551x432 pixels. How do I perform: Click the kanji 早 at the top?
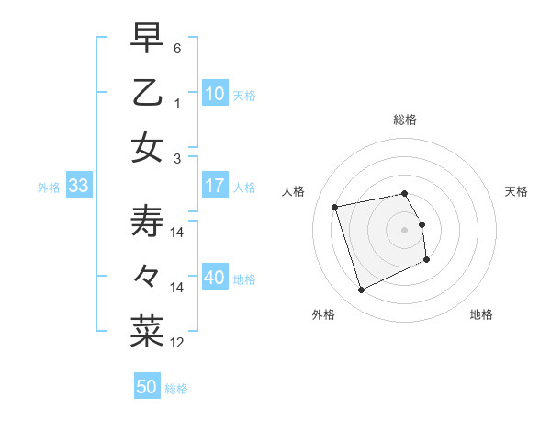click(x=147, y=38)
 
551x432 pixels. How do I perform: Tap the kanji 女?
click(x=147, y=147)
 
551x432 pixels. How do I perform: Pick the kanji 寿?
click(x=147, y=222)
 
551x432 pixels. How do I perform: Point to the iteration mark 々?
click(x=147, y=277)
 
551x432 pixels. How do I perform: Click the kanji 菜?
click(x=147, y=332)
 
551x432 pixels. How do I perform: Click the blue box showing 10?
click(x=215, y=93)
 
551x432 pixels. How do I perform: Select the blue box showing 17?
click(x=215, y=186)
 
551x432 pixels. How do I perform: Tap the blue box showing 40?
click(x=215, y=278)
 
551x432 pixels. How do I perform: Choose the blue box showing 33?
click(x=78, y=186)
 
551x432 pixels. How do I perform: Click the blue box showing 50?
click(x=147, y=387)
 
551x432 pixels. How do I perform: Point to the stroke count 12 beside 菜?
click(x=177, y=343)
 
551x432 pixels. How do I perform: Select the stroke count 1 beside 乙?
click(x=177, y=103)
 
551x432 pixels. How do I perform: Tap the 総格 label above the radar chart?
click(x=405, y=119)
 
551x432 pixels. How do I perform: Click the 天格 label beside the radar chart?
click(x=517, y=191)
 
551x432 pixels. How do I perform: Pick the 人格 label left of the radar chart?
click(x=294, y=191)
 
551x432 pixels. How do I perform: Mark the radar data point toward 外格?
click(x=361, y=290)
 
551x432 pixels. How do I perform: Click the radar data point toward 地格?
click(x=427, y=260)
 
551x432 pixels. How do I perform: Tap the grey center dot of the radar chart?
click(x=405, y=230)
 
